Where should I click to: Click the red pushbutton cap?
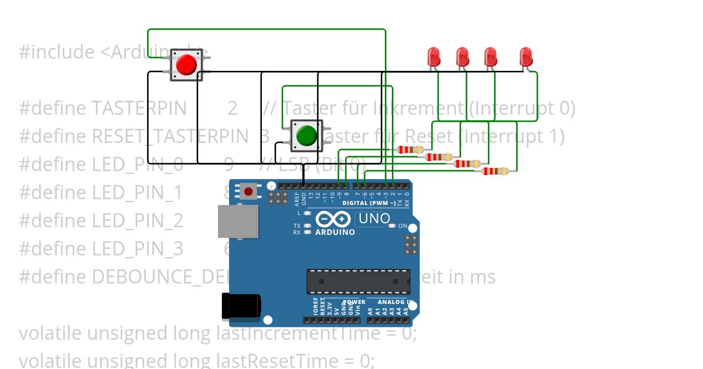tap(186, 64)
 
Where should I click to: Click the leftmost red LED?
tap(434, 57)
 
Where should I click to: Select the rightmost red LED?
tap(526, 57)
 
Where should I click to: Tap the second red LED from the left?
tap(462, 57)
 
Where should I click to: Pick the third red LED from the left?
tap(490, 57)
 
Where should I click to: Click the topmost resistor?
tap(410, 149)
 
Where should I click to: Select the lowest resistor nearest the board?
tap(495, 171)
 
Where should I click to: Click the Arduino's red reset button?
tap(249, 191)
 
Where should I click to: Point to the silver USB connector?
tap(237, 222)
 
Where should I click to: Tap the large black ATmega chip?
tap(358, 282)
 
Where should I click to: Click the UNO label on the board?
tap(374, 219)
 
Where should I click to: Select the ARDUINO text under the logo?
tap(335, 232)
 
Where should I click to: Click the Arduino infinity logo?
tap(335, 220)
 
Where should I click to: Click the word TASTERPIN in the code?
tap(139, 108)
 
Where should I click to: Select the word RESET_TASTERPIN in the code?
tap(170, 136)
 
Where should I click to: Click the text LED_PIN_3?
tap(138, 249)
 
